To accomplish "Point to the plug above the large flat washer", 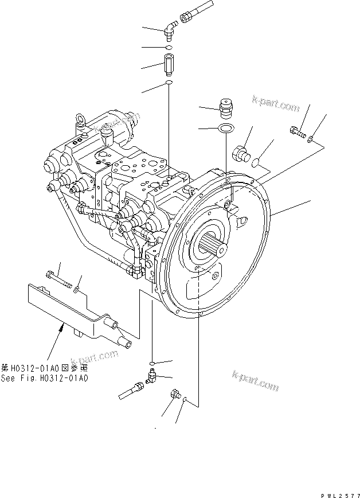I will click(226, 107).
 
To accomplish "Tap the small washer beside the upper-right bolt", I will click(310, 138).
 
